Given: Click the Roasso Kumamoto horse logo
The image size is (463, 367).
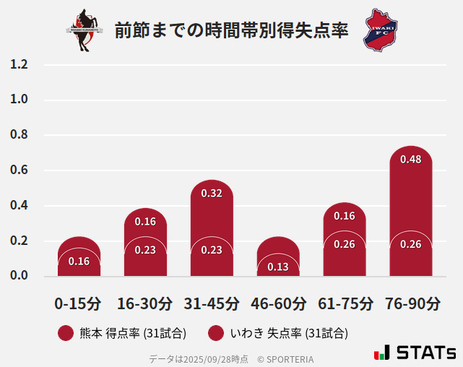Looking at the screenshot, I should tap(85, 30).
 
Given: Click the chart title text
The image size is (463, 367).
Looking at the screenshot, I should tap(231, 31).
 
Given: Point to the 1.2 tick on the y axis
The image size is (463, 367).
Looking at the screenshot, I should tap(19, 65).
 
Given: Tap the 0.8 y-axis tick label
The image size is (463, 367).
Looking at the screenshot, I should tap(19, 135).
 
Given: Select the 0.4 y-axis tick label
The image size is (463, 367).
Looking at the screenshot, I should tap(19, 206).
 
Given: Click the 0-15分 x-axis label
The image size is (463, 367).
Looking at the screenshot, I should tap(79, 303).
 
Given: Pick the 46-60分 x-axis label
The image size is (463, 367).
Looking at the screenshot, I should tap(278, 303).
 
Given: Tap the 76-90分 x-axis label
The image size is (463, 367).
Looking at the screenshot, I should tap(412, 303).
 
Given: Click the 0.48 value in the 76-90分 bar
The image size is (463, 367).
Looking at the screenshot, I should tap(410, 159).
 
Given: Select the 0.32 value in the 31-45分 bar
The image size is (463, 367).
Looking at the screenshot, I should tap(212, 193).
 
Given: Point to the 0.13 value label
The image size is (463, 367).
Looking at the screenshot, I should tap(278, 267).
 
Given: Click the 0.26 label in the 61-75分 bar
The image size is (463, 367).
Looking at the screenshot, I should tap(345, 244).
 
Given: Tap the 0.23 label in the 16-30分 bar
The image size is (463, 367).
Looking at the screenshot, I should tap(145, 250).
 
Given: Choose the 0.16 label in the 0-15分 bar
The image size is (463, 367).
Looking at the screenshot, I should tap(79, 261).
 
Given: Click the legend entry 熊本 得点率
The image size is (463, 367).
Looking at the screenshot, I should tap(123, 333).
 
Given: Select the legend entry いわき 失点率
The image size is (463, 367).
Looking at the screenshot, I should tap(278, 333).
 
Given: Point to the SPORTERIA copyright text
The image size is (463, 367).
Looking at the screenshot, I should tap(285, 358).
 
